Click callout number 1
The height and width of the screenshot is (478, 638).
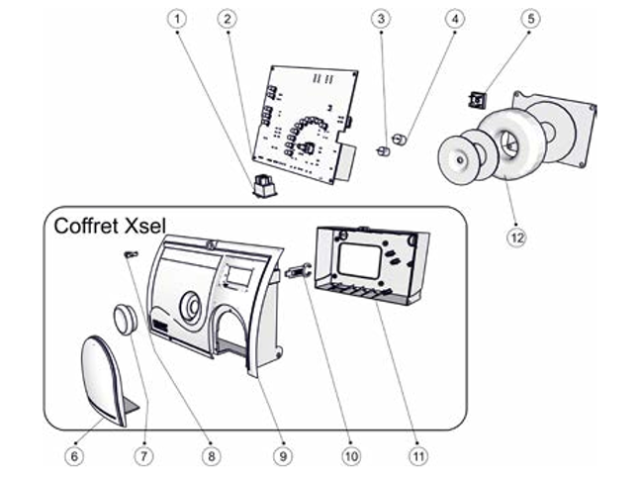[x=178, y=19]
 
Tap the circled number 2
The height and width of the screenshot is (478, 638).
[x=228, y=19]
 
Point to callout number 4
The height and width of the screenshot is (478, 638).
[x=454, y=19]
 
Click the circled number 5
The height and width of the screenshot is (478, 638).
[x=531, y=19]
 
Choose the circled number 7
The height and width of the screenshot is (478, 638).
[x=145, y=456]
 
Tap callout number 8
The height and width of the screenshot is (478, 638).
[x=210, y=456]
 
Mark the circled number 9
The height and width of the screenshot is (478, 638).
[x=282, y=456]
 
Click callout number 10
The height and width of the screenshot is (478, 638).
[x=351, y=456]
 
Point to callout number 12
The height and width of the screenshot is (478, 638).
[x=513, y=237]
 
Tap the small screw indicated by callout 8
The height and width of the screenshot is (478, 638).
[x=130, y=255]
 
